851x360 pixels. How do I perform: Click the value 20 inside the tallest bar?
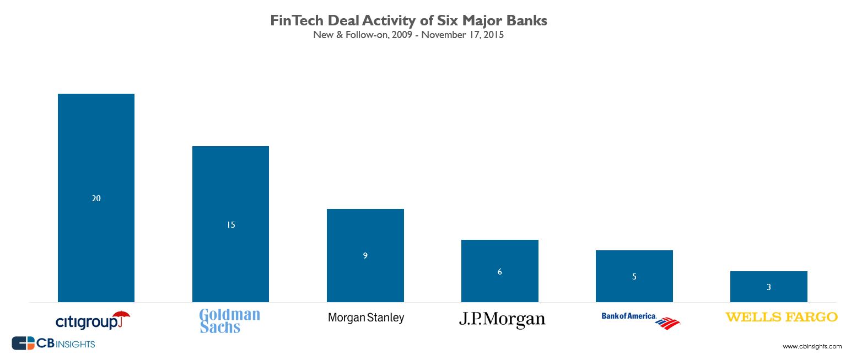(96, 198)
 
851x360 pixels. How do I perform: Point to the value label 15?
(230, 225)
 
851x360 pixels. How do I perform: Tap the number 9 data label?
(365, 256)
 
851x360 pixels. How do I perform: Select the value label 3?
(768, 287)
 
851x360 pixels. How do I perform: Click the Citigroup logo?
(93, 320)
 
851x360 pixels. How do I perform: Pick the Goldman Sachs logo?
(229, 321)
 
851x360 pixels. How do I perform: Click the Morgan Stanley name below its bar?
(365, 318)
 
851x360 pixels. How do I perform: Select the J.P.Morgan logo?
(502, 320)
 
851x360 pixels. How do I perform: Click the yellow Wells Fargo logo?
(781, 317)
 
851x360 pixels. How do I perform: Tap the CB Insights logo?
(53, 343)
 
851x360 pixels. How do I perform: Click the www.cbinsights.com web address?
(812, 347)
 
